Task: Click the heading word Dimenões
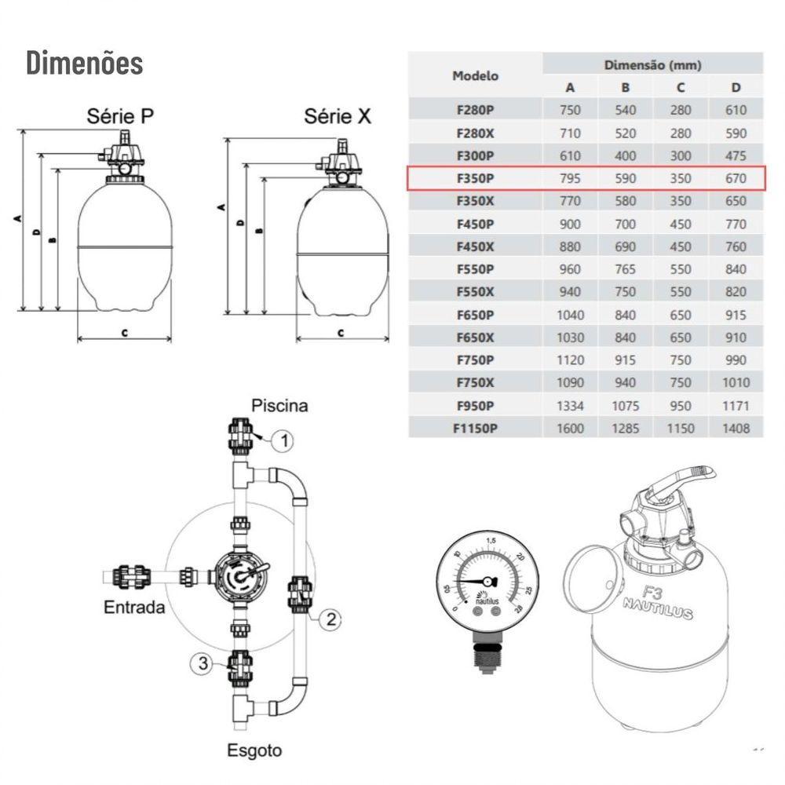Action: coord(85,63)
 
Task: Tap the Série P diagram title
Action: coord(120,117)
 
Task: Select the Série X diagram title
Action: coord(338,117)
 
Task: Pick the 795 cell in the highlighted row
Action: coord(571,178)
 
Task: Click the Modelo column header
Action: coord(475,75)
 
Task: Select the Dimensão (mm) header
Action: coord(652,64)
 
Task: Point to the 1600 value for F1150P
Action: coord(571,429)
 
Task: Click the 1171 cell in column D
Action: coord(736,406)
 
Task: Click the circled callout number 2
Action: coord(331,619)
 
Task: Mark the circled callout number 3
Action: coord(203,664)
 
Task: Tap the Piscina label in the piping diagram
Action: coord(279,406)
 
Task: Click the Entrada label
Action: coord(135,607)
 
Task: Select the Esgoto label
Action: coord(254,750)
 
